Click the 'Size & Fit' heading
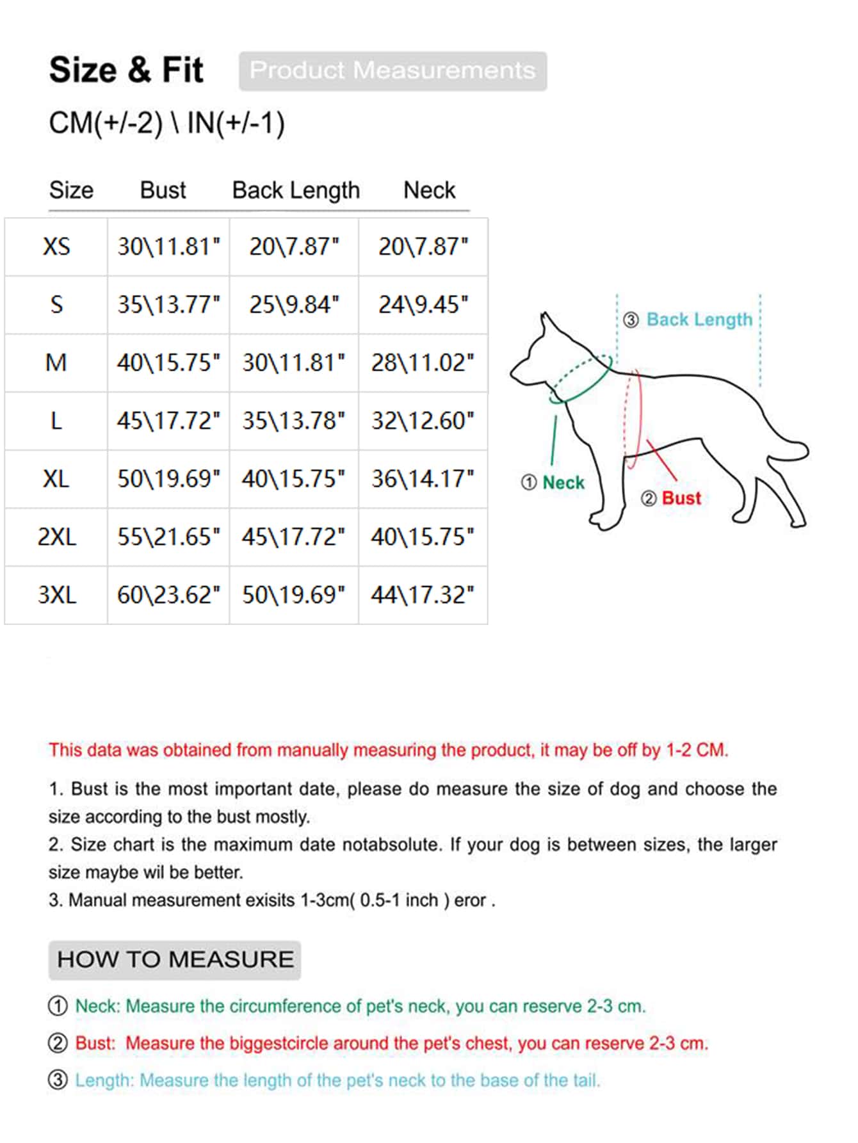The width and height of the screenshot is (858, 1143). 126,70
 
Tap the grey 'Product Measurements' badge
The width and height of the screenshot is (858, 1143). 393,70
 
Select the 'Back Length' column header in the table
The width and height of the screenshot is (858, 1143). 296,190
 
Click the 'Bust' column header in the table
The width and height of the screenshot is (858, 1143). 163,190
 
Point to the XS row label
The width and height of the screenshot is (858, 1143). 56,247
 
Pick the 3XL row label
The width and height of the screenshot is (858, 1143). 56,595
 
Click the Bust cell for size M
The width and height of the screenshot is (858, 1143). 168,363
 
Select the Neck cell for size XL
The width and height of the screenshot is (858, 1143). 423,479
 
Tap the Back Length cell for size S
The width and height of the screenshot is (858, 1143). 294,305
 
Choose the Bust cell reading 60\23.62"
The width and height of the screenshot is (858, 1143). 168,595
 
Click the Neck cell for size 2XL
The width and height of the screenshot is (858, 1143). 423,537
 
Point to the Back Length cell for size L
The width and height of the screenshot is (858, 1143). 294,421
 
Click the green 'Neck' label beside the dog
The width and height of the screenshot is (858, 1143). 563,482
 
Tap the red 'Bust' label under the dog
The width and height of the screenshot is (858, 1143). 681,498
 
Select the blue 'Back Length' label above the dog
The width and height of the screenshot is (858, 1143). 699,320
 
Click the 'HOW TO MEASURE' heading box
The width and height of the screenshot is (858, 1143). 175,959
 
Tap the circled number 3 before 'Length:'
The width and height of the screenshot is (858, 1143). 58,1080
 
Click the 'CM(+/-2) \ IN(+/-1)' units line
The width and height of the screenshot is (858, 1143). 167,123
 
